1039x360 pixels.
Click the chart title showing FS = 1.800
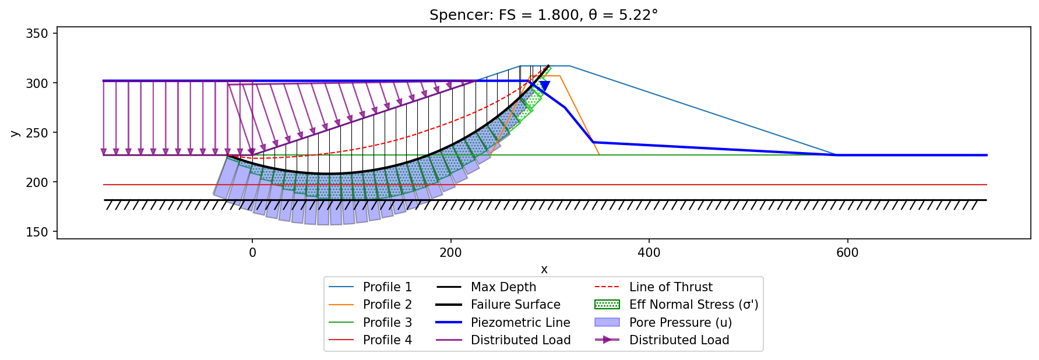coord(544,15)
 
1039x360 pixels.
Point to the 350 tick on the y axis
coord(37,34)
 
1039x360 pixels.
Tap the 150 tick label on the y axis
coord(37,232)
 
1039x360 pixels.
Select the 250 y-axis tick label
coord(37,133)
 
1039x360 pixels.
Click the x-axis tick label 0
coord(252,253)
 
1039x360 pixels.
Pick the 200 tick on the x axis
coord(450,253)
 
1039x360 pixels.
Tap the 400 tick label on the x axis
coord(649,253)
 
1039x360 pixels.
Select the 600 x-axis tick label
coord(847,253)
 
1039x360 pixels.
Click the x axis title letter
coord(544,269)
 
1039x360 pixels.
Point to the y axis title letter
coord(15,133)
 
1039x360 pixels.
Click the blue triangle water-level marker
coord(545,86)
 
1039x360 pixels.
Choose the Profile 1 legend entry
coord(370,287)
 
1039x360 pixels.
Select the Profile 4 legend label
coord(388,340)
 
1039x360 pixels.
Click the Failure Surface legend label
coord(516,305)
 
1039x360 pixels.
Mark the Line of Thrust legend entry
coord(653,287)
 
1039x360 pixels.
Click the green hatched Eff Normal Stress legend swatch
coord(607,305)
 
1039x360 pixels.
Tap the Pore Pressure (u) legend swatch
coord(607,322)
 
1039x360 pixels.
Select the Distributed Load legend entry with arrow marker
coord(662,340)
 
